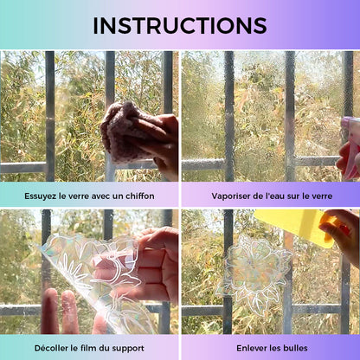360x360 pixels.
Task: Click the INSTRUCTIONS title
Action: pyautogui.click(x=180, y=26)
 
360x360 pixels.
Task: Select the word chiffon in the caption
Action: pyautogui.click(x=140, y=196)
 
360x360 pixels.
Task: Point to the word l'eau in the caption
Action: pyautogui.click(x=274, y=196)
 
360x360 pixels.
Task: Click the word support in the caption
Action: pyautogui.click(x=128, y=349)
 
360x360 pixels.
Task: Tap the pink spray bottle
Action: pyautogui.click(x=351, y=147)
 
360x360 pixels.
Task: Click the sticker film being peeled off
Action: pyautogui.click(x=95, y=277)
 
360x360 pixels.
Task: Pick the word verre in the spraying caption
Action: pyautogui.click(x=323, y=196)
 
